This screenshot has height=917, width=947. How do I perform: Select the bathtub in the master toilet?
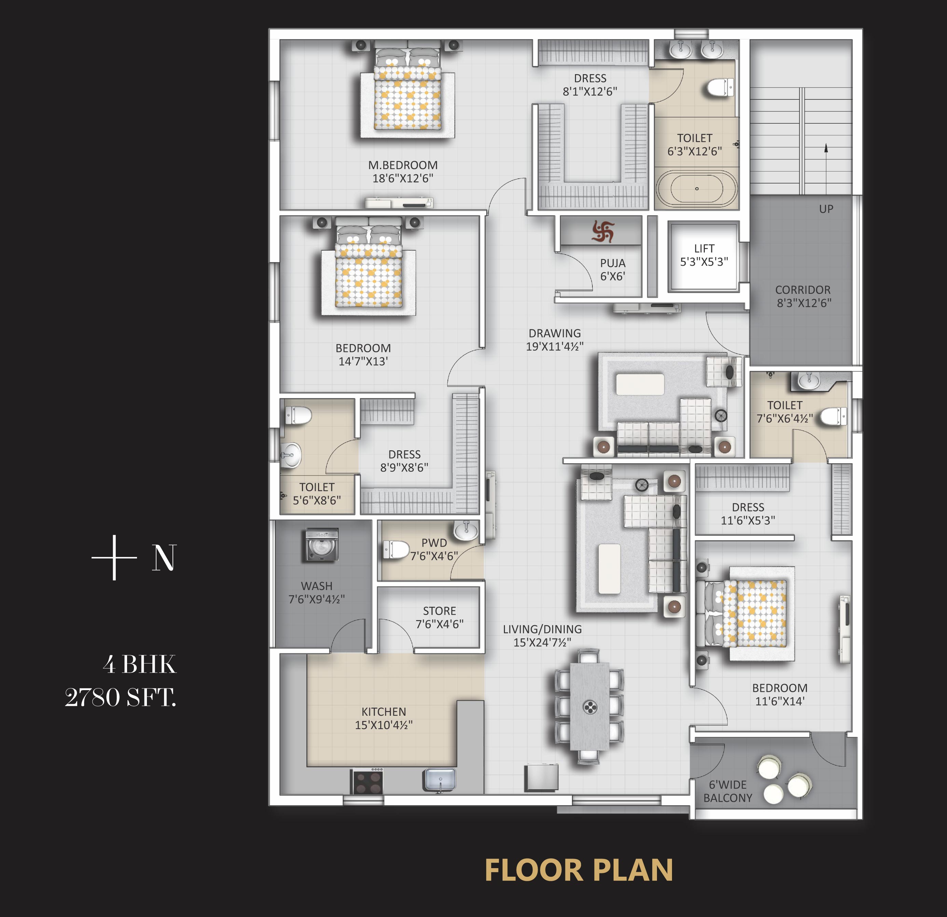pos(696,188)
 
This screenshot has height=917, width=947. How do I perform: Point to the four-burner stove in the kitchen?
pos(369,782)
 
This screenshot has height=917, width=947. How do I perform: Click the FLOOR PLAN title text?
pos(578,870)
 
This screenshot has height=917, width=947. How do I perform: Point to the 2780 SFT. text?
pos(121,697)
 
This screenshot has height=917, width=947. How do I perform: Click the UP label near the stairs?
pos(826,209)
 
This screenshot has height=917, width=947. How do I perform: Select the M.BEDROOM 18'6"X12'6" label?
pos(403,172)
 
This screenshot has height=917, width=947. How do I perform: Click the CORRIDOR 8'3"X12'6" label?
pos(803,296)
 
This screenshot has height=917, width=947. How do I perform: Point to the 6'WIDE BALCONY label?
pos(728,791)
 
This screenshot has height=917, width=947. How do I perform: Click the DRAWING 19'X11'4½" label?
pos(555,340)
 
